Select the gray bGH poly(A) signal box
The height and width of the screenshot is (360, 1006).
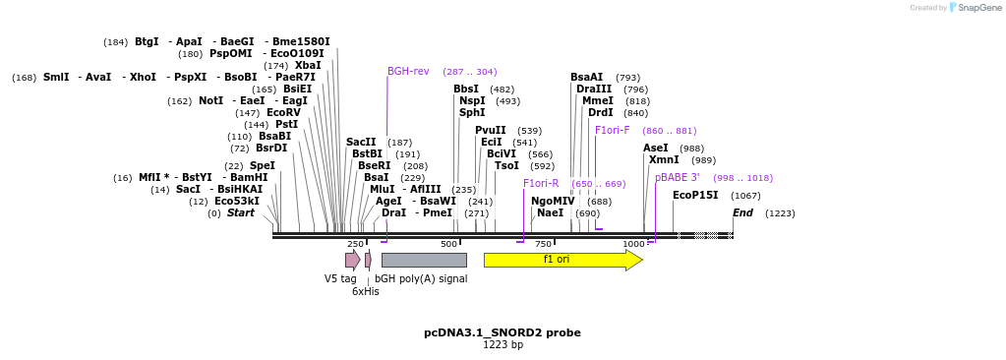coord(424,260)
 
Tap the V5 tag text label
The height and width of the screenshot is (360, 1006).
coord(340,278)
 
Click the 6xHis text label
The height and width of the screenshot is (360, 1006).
coord(366,291)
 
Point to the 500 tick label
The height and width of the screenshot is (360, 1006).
coord(448,244)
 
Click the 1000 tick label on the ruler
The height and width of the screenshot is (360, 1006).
coord(633,244)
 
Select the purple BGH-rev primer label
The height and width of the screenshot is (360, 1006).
coord(408,72)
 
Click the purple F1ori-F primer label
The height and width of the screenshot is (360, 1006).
coord(612,131)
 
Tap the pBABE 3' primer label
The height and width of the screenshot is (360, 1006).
coord(678,178)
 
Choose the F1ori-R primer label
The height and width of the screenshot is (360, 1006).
coord(541,184)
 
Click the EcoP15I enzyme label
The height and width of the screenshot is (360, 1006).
coord(695,196)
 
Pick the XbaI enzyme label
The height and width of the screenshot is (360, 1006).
coord(308,66)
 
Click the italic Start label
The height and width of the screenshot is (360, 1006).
coord(241,213)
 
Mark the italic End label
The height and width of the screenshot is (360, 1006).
coord(742,213)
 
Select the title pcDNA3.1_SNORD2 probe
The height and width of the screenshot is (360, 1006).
coord(503,332)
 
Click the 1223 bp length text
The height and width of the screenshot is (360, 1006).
coord(503,345)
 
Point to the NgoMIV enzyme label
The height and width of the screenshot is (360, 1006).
coord(553,202)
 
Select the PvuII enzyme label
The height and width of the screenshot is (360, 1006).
coord(491,131)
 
